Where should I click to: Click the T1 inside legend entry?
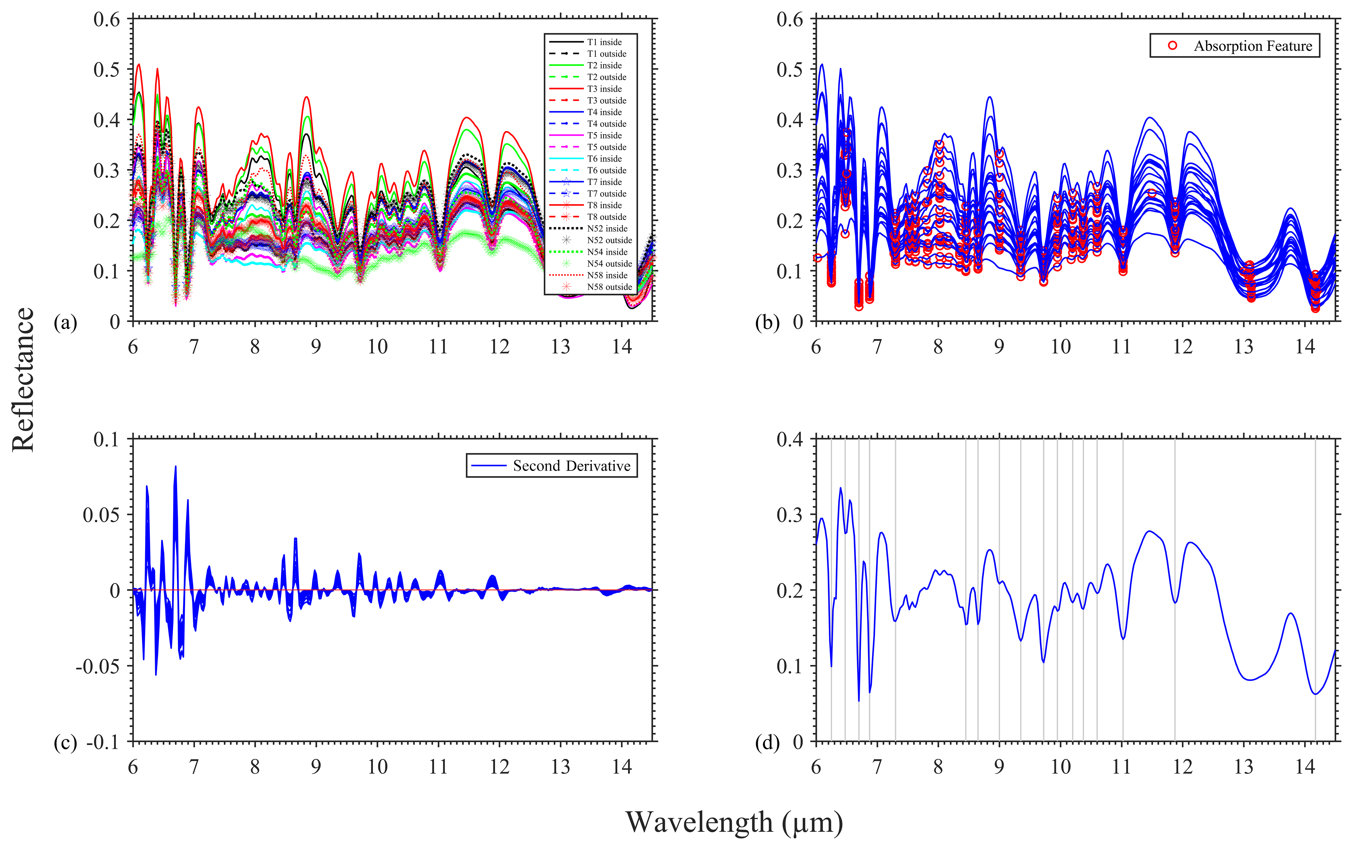(604, 42)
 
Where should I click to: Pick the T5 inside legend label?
(604, 135)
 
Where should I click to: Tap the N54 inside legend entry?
(607, 252)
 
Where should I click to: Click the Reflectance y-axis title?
(23, 379)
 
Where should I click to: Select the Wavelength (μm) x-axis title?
(734, 822)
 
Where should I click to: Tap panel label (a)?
(65, 323)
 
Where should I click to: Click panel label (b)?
(767, 323)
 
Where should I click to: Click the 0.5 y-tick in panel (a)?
(107, 70)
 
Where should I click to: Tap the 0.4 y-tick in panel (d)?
(789, 439)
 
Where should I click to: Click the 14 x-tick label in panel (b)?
(1305, 347)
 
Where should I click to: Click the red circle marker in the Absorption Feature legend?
(1172, 45)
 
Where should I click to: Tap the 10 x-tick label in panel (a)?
(377, 347)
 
